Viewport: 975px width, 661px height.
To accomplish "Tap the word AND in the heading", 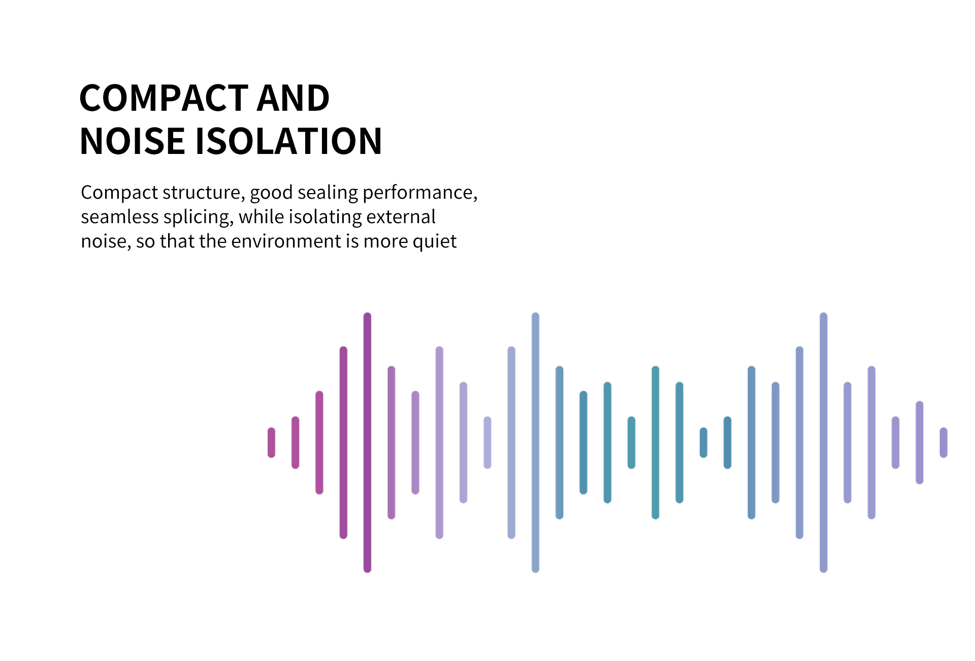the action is tap(293, 98).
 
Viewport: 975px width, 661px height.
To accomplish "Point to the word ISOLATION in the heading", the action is tap(288, 141).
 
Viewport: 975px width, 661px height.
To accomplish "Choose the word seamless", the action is tap(120, 217).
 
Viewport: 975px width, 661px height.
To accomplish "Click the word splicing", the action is tap(199, 217).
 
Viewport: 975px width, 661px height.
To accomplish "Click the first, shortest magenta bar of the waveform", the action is tap(272, 443).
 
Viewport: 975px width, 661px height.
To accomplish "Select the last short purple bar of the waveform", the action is tap(944, 443).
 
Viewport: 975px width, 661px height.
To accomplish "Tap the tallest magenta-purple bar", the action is tap(367, 443).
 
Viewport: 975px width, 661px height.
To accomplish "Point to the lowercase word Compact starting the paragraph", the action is tap(119, 193).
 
